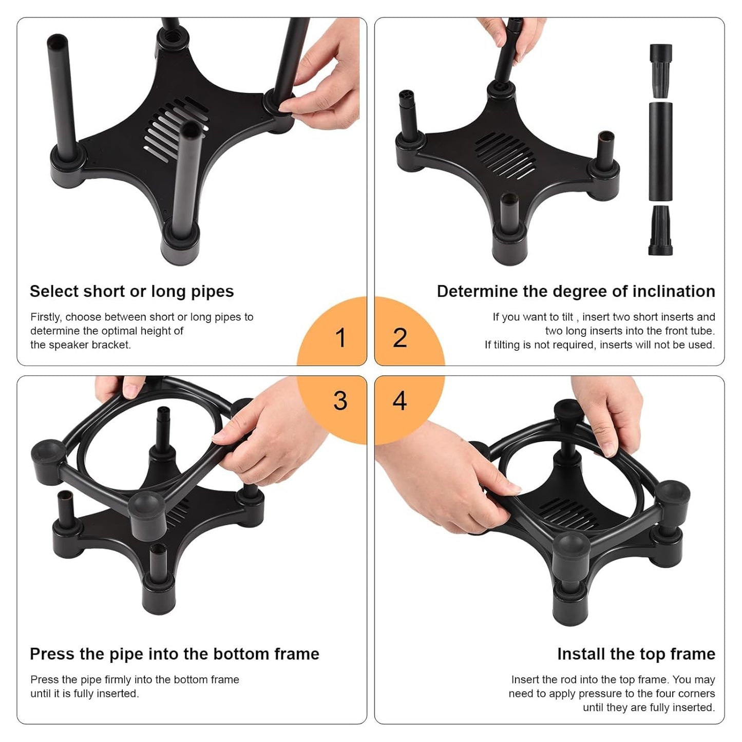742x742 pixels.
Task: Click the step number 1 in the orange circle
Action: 340,338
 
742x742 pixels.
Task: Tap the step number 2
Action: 400,338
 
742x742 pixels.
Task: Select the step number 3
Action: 340,401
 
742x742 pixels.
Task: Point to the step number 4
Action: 400,401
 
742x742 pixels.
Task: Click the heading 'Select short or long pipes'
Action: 131,291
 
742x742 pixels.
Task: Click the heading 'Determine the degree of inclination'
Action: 576,291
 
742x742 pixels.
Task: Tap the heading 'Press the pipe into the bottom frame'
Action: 174,654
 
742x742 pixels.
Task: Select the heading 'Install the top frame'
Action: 636,654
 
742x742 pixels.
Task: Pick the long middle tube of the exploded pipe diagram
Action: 660,151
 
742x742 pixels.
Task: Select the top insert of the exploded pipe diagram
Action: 660,69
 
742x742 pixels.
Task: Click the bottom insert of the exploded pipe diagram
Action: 660,231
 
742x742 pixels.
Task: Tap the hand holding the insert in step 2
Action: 508,36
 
